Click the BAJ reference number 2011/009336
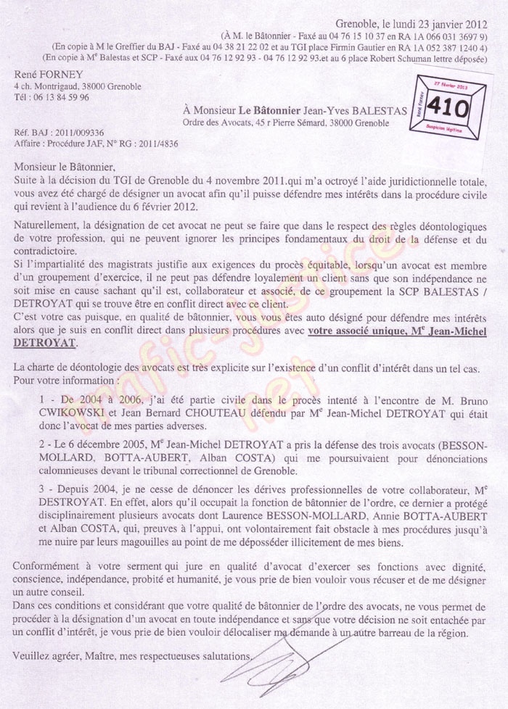tap(78, 133)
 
